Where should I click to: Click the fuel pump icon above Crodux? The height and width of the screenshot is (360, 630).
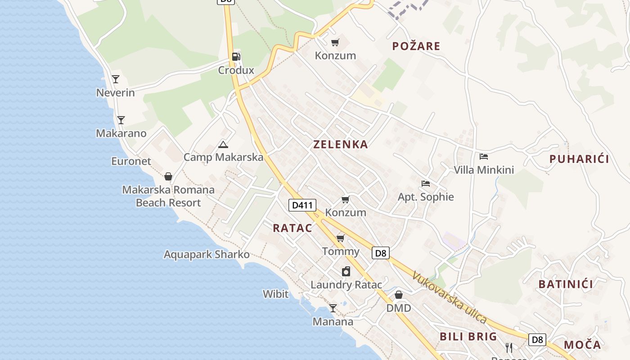click(x=236, y=57)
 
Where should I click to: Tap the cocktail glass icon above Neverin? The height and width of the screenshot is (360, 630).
click(x=116, y=79)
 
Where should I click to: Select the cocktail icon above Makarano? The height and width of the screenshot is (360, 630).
click(x=121, y=120)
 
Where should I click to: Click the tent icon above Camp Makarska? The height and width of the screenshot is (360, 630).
click(x=223, y=144)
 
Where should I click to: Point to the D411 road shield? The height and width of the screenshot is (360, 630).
click(x=302, y=205)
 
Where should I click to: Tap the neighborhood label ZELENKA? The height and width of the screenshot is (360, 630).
click(x=341, y=144)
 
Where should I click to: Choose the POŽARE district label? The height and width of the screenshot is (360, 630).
click(x=416, y=46)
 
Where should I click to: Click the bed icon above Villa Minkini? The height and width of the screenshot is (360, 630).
click(x=484, y=157)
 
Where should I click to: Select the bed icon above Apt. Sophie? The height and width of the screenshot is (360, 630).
click(x=426, y=183)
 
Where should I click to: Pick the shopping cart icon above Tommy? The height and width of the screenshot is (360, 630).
click(x=341, y=238)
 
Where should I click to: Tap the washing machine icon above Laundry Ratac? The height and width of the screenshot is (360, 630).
click(x=346, y=271)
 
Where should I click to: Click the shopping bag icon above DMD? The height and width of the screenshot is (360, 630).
click(x=399, y=295)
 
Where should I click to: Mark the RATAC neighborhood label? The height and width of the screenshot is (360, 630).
click(x=292, y=228)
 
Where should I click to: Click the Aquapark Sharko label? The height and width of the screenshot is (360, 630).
click(x=207, y=254)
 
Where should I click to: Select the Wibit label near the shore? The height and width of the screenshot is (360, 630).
click(x=275, y=294)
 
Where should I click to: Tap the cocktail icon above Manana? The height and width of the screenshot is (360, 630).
click(x=333, y=308)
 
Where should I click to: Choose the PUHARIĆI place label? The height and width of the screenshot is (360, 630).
click(x=579, y=159)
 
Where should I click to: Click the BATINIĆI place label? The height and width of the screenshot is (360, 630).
click(x=566, y=284)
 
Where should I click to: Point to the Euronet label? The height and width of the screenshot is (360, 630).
click(x=131, y=161)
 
